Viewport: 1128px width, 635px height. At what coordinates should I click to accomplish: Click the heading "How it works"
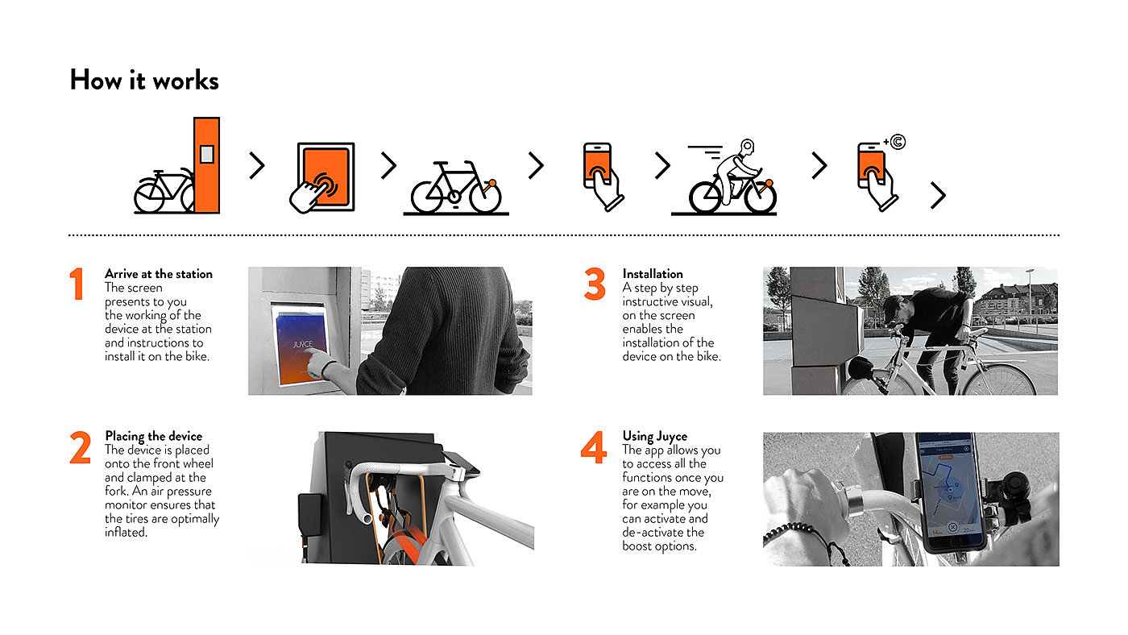pos(144,80)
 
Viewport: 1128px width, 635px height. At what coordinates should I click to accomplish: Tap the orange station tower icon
pos(206,165)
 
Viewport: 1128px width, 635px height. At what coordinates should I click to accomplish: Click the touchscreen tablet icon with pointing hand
pos(322,178)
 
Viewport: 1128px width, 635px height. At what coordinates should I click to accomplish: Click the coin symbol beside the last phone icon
pos(898,142)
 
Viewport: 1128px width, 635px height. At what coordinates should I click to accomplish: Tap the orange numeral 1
pos(77,284)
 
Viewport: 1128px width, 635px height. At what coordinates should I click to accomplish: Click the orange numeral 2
pos(80,447)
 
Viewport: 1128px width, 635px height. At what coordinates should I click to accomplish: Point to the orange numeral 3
pos(595,284)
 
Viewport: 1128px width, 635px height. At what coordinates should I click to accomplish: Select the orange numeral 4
pos(594,447)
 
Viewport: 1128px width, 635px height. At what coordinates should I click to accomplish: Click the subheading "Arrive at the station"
pos(159,274)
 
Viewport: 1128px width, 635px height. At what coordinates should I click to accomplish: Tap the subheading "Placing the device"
pos(154,436)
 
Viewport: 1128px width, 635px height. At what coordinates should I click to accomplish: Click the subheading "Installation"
pos(653,274)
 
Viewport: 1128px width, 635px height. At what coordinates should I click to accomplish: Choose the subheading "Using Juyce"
pos(654,436)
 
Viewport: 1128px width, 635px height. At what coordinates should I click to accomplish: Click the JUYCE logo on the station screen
pos(303,344)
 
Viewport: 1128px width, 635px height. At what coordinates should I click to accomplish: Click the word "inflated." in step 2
pos(126,533)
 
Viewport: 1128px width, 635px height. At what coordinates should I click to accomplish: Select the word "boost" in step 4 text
pos(637,546)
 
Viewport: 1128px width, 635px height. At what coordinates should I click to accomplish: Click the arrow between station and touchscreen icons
pos(257,166)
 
